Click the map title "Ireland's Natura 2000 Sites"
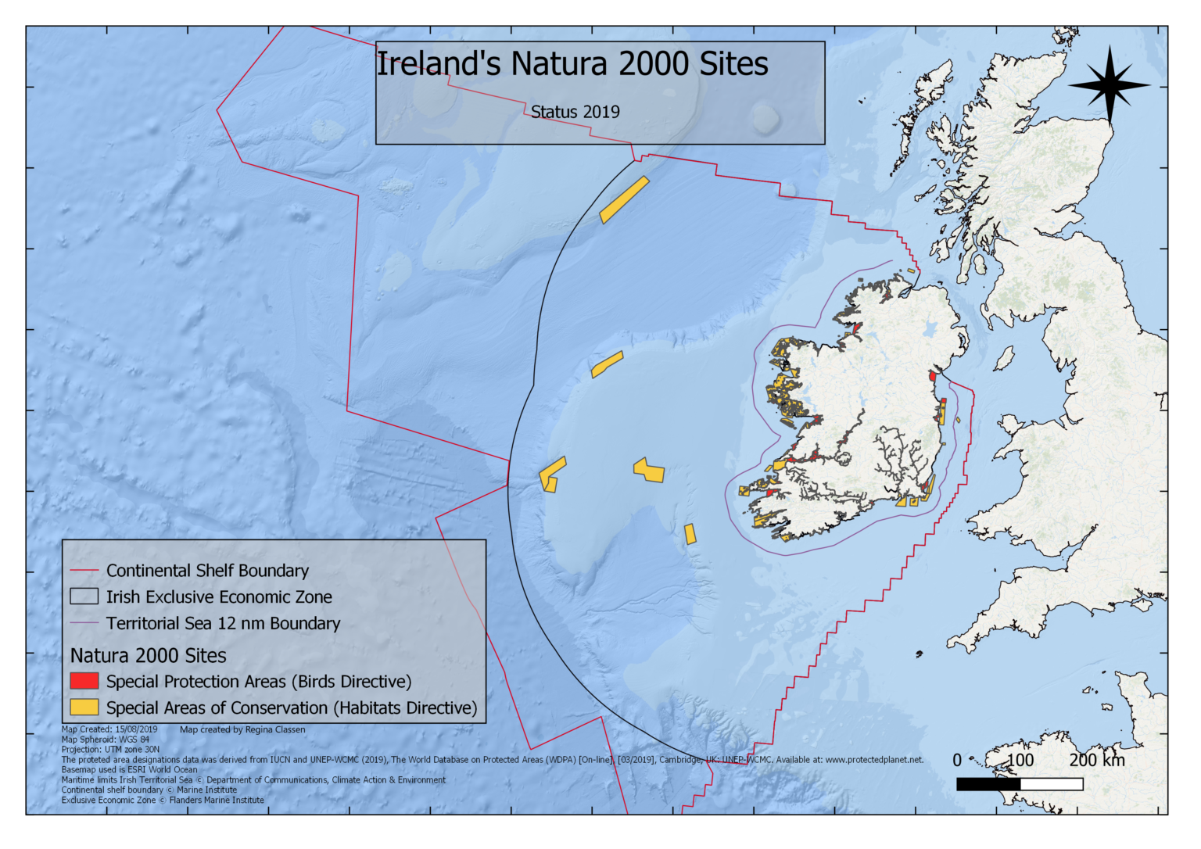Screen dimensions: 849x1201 click(x=572, y=64)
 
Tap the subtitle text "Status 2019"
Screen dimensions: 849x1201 click(x=575, y=112)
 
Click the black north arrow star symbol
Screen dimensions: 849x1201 click(x=1110, y=85)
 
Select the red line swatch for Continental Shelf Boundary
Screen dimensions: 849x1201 click(x=84, y=571)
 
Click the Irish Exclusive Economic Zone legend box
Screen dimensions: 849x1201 click(x=84, y=597)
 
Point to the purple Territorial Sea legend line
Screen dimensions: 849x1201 click(x=84, y=624)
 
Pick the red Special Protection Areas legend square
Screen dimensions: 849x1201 click(x=84, y=682)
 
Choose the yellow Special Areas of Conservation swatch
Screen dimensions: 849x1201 click(x=84, y=707)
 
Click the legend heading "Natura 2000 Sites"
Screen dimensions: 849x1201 click(x=149, y=656)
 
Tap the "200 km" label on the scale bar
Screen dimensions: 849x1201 click(x=1096, y=760)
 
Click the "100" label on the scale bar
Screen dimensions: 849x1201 click(x=1020, y=760)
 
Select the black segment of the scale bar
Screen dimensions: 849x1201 click(x=988, y=784)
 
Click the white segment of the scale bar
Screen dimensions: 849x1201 click(x=1052, y=784)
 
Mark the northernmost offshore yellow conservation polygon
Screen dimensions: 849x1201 click(x=624, y=199)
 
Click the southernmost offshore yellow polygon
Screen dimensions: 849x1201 click(x=690, y=534)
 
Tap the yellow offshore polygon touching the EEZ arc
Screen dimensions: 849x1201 click(x=551, y=475)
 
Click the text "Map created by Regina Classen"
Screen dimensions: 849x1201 click(x=242, y=729)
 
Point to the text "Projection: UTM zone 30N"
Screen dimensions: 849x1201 click(x=110, y=749)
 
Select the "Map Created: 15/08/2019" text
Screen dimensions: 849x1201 click(x=109, y=729)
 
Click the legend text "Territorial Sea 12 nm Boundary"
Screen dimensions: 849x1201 click(x=223, y=624)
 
